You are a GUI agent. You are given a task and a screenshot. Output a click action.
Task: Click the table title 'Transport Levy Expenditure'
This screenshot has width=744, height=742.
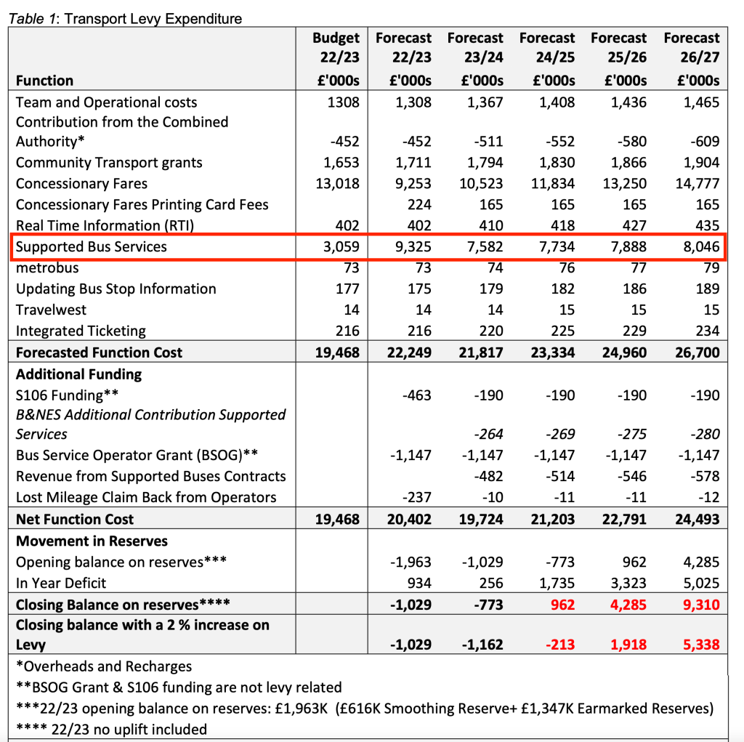(x=153, y=18)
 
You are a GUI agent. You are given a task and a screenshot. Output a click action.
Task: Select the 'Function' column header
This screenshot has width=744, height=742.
(x=44, y=81)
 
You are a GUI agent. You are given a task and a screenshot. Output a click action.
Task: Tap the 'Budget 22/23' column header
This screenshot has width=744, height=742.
(x=336, y=58)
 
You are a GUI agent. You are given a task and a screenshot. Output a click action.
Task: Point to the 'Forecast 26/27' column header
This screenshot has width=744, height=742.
(x=692, y=58)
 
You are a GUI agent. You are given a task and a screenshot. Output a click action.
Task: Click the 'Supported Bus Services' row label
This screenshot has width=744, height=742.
(x=92, y=247)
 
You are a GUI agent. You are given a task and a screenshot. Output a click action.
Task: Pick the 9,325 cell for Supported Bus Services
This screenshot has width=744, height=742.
(x=412, y=247)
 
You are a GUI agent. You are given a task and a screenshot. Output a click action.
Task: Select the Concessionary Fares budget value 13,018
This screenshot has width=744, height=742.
(x=337, y=184)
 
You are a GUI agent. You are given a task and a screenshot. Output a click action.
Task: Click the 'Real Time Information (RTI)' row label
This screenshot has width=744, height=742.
(x=105, y=226)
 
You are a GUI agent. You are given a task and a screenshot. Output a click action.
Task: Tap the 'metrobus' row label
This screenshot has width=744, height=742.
(x=47, y=268)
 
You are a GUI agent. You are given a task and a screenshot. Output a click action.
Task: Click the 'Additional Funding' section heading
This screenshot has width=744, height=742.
(x=78, y=375)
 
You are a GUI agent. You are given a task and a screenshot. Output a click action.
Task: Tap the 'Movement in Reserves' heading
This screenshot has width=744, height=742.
(x=92, y=541)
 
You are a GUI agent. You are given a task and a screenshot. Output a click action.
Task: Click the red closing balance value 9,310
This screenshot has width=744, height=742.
(x=700, y=605)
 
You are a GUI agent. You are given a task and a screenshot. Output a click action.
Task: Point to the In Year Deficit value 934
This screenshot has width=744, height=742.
(x=419, y=584)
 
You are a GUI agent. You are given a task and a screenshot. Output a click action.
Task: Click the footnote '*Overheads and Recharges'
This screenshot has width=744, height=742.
(x=104, y=666)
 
